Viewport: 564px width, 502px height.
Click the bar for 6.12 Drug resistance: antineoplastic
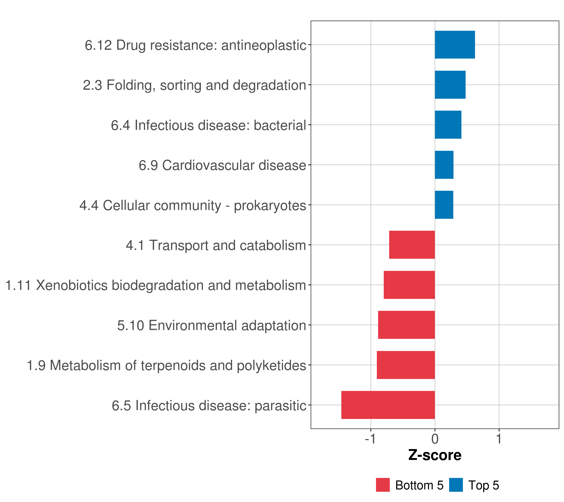(455, 45)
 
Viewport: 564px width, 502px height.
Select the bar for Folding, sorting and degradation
(450, 85)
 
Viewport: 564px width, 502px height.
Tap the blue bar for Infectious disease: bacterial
(448, 125)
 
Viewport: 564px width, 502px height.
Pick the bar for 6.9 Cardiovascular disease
(444, 165)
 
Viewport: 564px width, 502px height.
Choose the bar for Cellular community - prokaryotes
(444, 205)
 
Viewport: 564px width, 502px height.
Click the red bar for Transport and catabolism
(412, 245)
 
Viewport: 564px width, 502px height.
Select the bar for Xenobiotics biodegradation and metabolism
(409, 285)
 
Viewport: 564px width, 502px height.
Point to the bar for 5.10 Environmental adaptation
(406, 325)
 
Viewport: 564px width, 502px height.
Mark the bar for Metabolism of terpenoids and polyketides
(406, 365)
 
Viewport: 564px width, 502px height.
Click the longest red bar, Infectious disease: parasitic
(388, 405)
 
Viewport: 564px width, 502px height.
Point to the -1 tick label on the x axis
(370, 439)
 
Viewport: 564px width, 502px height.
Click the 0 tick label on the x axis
(435, 439)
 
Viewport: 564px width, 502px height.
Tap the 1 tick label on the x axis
(499, 439)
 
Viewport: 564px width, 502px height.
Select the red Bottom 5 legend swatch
(383, 485)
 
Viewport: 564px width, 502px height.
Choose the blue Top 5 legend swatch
(456, 485)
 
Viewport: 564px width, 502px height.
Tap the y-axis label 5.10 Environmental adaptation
(212, 325)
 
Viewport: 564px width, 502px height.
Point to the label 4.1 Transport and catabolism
(216, 245)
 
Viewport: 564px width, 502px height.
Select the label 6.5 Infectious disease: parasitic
(209, 406)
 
